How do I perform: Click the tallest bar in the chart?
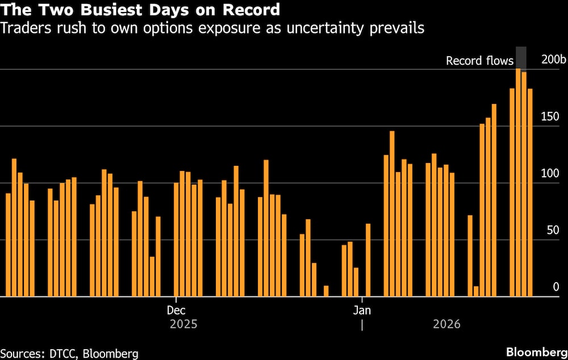(x=518, y=182)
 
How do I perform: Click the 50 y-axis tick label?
(x=552, y=231)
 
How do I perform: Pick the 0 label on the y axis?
(x=556, y=287)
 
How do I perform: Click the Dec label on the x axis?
(x=176, y=310)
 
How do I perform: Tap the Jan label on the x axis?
(x=362, y=310)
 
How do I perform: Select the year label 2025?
(x=183, y=325)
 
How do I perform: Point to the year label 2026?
(x=446, y=325)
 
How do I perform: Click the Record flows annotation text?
(x=479, y=61)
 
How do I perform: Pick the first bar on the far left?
(x=8, y=245)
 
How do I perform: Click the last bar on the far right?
(x=530, y=192)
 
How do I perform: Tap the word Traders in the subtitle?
(x=22, y=28)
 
